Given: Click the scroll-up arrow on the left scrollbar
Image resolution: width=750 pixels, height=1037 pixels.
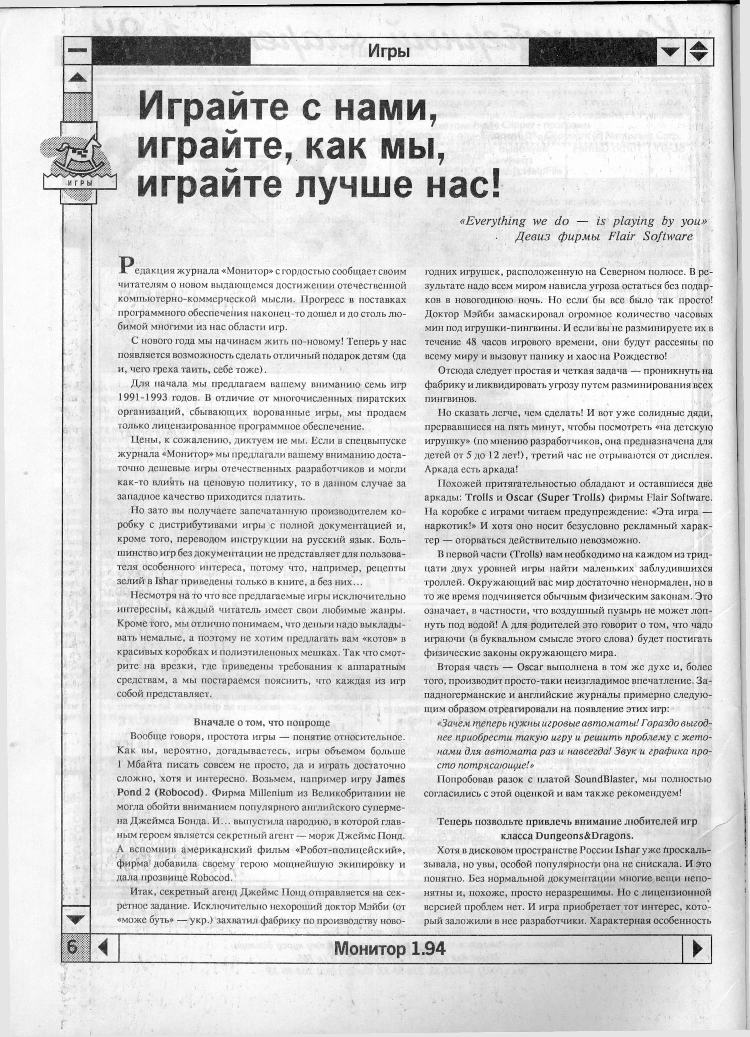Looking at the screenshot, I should tap(76, 78).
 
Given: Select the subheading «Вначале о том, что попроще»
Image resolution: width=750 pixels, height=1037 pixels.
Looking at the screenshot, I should tap(262, 723).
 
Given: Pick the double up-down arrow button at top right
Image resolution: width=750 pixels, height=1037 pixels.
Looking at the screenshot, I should tap(698, 51).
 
